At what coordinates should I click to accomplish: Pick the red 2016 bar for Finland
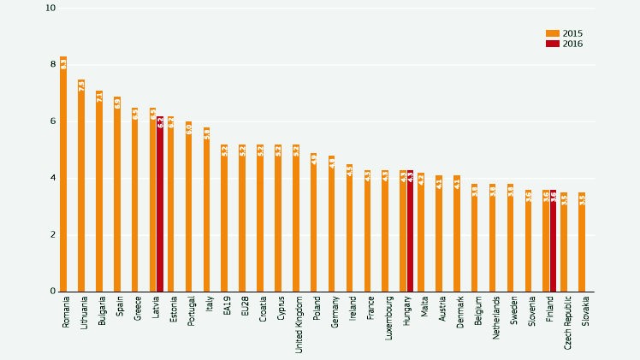[554, 241]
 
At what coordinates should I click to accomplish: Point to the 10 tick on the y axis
[50, 9]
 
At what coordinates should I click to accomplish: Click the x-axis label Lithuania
[84, 313]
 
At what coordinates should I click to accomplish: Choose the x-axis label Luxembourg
[388, 317]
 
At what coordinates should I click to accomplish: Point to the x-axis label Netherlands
[496, 317]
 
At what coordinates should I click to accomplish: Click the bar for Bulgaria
[99, 192]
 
